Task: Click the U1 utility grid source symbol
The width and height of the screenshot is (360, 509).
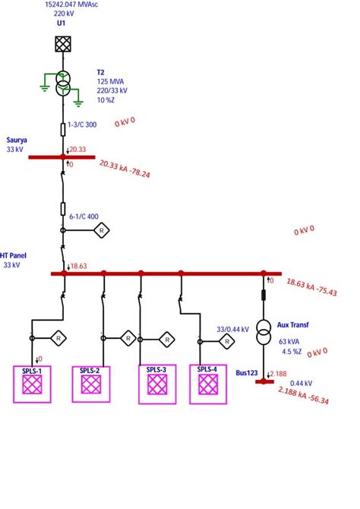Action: [x=64, y=43]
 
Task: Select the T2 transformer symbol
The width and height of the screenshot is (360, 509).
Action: [x=64, y=84]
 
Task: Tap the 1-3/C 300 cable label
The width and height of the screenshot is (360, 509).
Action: [x=81, y=125]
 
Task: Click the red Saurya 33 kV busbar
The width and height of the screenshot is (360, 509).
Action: [x=62, y=157]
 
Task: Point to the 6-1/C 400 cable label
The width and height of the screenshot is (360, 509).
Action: [x=84, y=217]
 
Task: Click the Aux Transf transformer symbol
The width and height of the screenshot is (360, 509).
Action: [x=264, y=329]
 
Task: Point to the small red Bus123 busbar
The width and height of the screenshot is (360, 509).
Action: [x=264, y=381]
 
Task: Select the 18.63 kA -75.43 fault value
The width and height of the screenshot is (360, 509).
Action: [x=311, y=286]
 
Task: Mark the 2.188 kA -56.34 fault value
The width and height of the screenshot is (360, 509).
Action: [x=303, y=395]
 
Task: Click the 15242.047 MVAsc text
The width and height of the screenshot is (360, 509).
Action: [x=77, y=4]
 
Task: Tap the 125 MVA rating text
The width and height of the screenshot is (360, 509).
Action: [x=111, y=81]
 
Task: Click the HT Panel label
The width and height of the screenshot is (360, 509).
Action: [x=15, y=256]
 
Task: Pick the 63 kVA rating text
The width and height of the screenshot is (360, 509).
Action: [x=289, y=342]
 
